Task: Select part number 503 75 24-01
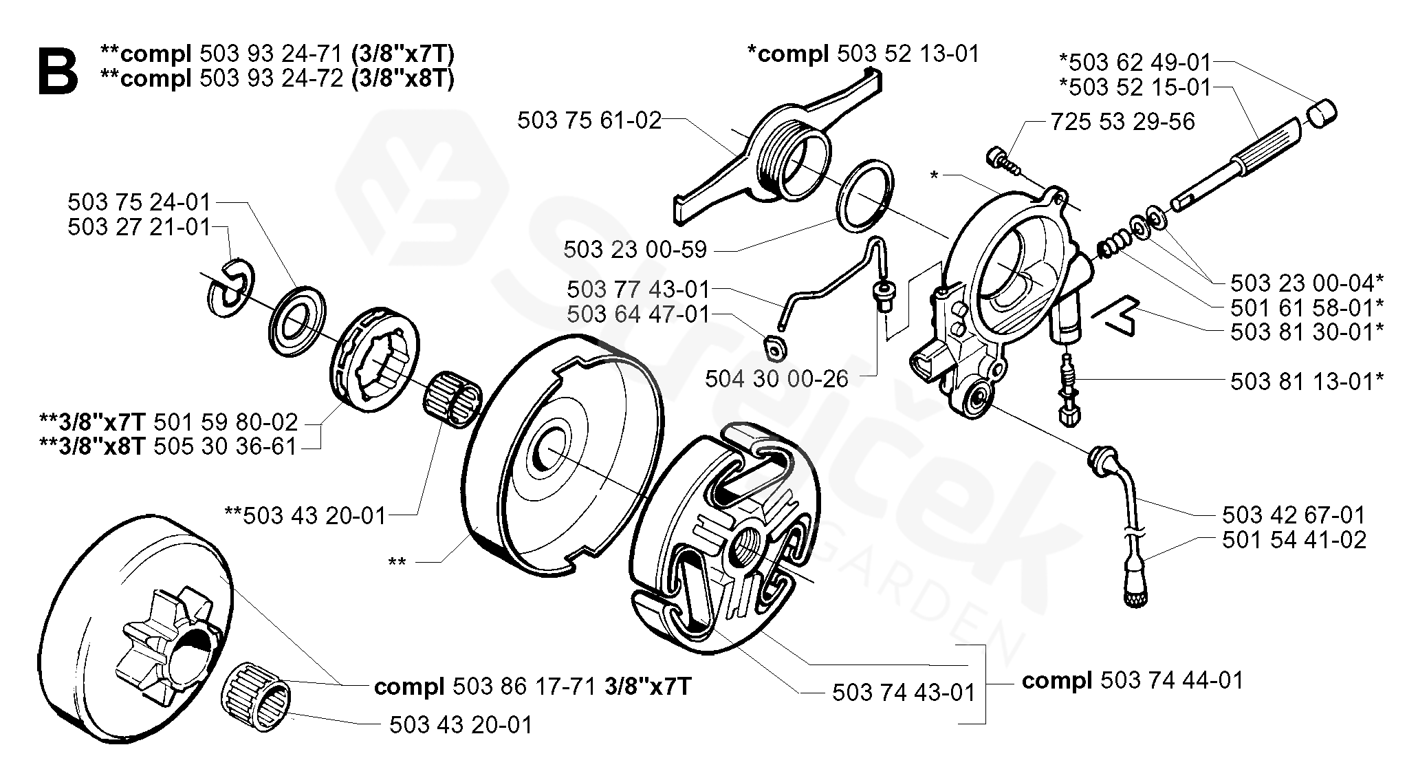(138, 202)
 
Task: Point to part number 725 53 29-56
(1123, 122)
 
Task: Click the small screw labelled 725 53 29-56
(1001, 159)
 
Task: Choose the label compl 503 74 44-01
(1133, 681)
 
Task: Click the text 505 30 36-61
(225, 447)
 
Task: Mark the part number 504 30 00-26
(777, 379)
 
